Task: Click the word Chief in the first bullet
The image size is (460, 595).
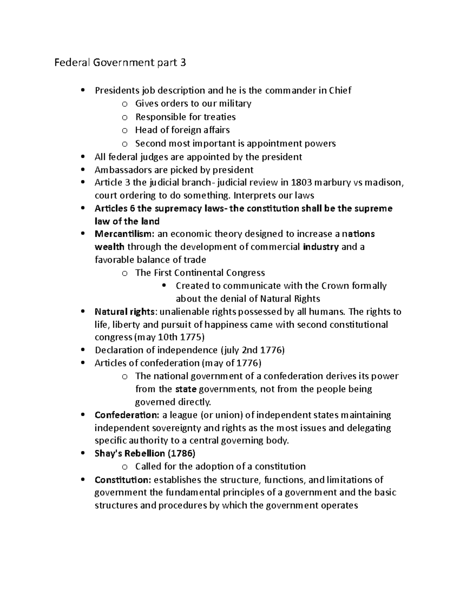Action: click(339, 90)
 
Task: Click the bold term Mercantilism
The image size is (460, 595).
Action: click(119, 234)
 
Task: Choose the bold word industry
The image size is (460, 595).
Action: click(320, 247)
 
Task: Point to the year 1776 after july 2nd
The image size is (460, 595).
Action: click(271, 350)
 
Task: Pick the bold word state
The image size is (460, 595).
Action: click(186, 389)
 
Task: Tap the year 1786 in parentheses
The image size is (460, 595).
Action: click(181, 454)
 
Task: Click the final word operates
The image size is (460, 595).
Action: click(339, 505)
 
